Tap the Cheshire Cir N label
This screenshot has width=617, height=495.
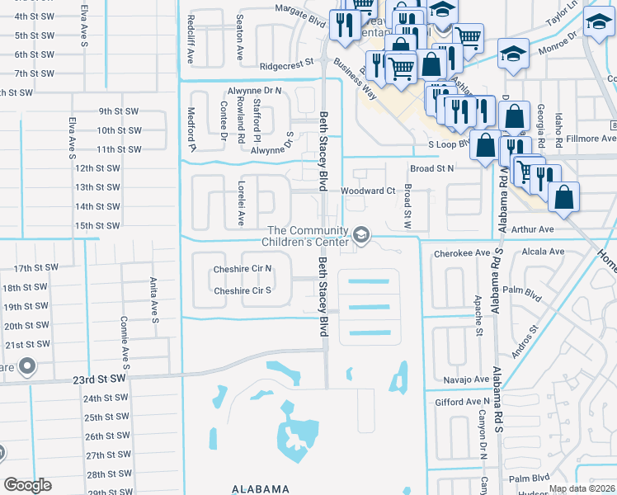243,269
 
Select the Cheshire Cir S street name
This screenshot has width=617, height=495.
243,290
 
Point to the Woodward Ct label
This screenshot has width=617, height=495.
369,191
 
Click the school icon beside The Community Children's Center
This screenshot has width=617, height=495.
360,236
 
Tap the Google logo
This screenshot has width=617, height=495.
27,485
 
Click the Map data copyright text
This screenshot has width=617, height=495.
582,488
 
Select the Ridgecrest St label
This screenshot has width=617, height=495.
287,62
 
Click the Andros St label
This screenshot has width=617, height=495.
524,341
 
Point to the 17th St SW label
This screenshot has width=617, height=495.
36,268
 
